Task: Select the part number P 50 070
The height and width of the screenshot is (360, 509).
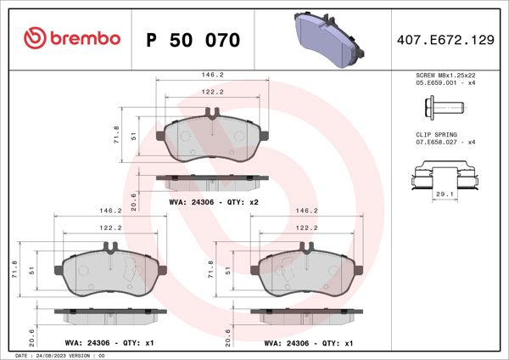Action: [193, 41]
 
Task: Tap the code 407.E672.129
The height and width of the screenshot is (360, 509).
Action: [446, 40]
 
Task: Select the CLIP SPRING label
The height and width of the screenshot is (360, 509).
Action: [436, 135]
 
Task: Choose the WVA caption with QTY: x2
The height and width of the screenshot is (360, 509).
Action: [213, 203]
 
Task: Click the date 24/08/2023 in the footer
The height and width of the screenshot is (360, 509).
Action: [55, 355]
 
